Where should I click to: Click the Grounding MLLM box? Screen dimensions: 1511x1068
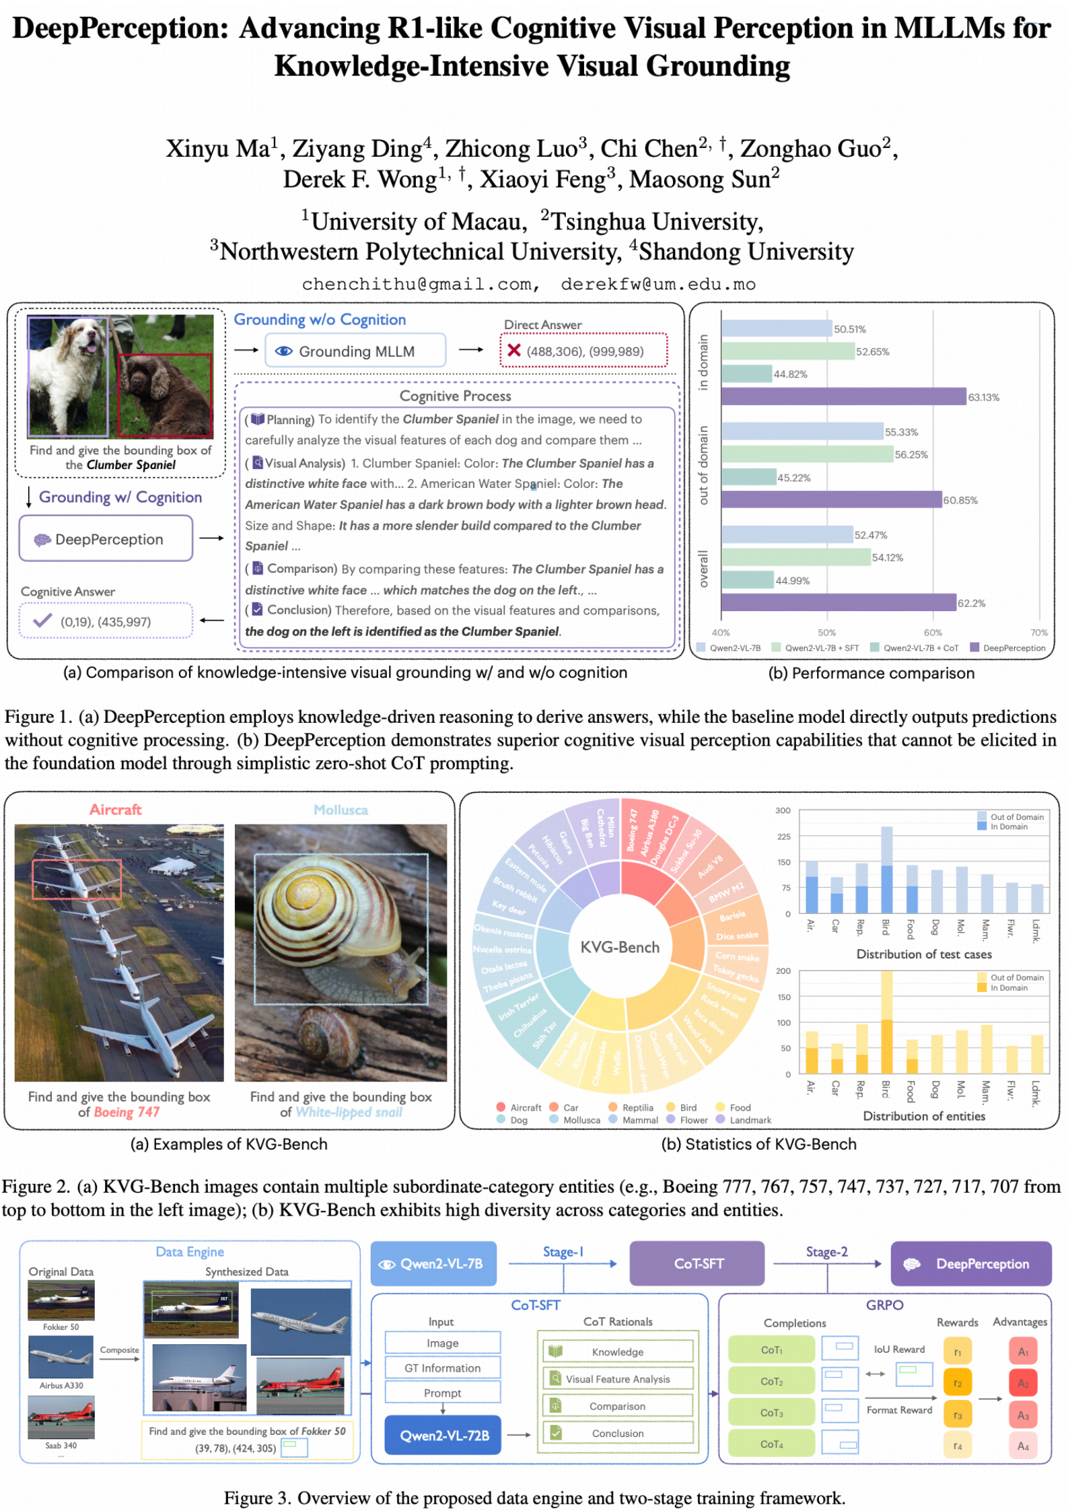coord(355,351)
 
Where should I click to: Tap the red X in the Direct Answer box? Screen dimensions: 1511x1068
coord(514,350)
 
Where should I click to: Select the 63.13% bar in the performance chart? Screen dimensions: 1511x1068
coord(843,396)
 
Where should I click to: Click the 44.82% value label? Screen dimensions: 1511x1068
coord(790,374)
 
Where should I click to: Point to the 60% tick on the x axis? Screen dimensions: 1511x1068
coord(933,632)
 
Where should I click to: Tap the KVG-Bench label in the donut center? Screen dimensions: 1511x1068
coord(620,947)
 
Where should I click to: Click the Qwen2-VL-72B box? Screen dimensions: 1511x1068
coord(443,1435)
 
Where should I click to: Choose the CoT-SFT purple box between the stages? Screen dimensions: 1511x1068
coord(698,1263)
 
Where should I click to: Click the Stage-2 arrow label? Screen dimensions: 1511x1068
coord(826,1251)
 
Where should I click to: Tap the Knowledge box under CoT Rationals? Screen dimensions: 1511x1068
coord(617,1351)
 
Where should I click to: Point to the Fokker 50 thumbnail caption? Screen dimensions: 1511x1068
coord(61,1327)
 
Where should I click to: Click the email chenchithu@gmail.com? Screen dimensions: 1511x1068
coord(420,284)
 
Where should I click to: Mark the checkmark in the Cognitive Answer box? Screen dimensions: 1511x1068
coord(42,621)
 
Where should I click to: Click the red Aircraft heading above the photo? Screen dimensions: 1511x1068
coord(115,809)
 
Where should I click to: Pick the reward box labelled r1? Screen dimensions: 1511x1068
coord(957,1351)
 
